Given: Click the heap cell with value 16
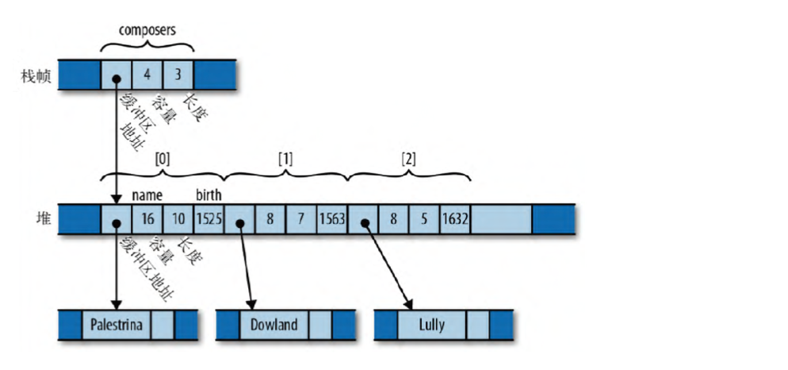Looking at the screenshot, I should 147,218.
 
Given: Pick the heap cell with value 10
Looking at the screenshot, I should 178,218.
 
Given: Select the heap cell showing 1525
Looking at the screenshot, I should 209,218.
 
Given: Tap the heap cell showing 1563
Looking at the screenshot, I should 332,218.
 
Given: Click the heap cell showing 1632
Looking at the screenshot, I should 455,218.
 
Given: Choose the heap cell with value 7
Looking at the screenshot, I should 301,218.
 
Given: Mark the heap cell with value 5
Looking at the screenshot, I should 424,218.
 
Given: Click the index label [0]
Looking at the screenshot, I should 162,158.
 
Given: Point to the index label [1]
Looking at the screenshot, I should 285,158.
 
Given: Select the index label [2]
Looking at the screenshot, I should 408,158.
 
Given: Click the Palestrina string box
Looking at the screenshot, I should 116,325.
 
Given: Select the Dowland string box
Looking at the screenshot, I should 274,325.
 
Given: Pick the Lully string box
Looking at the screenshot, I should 431,325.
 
